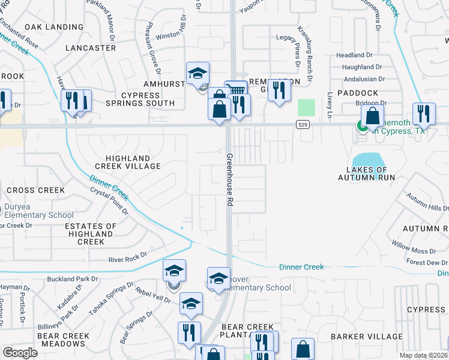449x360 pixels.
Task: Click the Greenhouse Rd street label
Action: (x=229, y=180)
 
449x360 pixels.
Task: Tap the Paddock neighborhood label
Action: (x=357, y=93)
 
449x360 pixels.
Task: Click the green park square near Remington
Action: (x=306, y=108)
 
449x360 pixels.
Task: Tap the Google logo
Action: (x=20, y=353)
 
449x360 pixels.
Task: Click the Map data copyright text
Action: (x=424, y=355)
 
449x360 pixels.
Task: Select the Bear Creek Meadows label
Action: (x=62, y=340)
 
